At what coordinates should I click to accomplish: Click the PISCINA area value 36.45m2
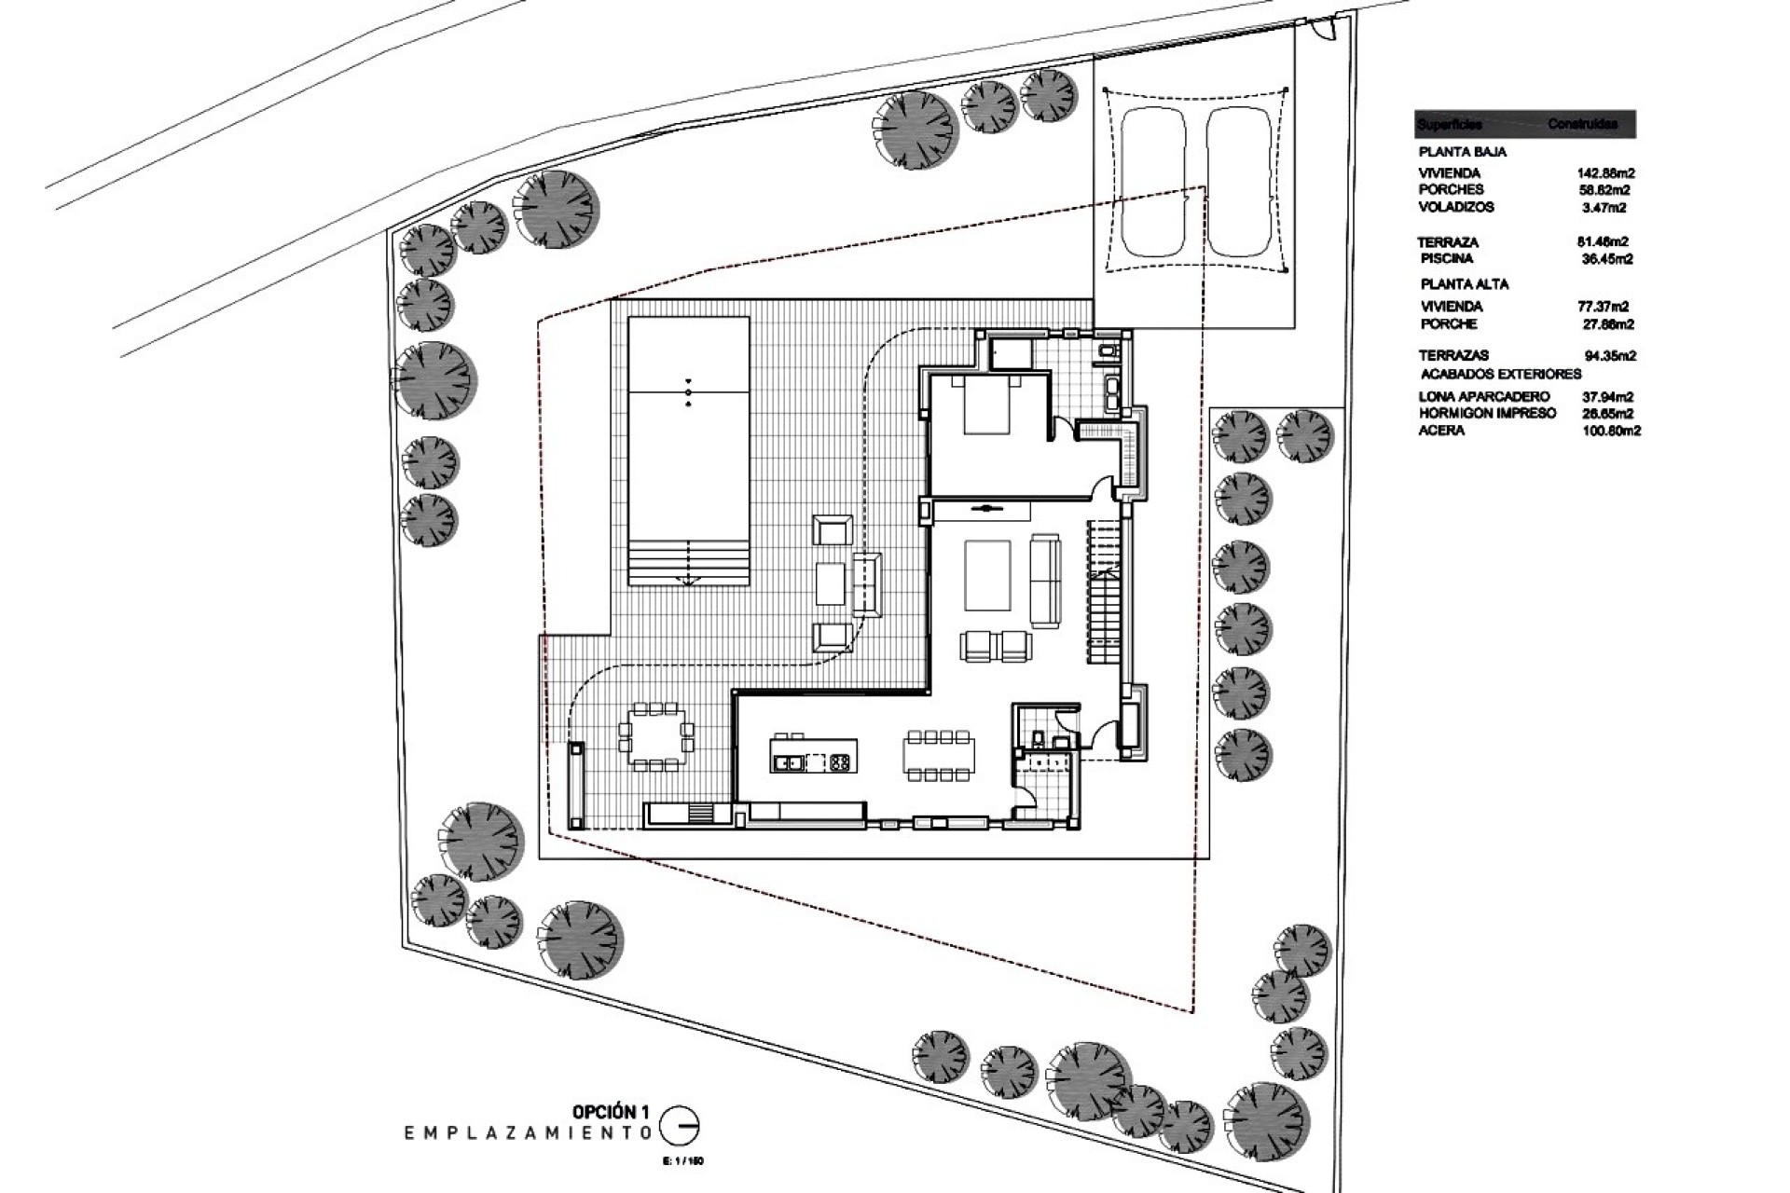click(1607, 259)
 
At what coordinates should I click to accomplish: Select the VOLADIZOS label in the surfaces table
click(1455, 207)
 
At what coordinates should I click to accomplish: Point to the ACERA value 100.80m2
click(1611, 431)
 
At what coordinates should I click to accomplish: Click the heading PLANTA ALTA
click(1465, 283)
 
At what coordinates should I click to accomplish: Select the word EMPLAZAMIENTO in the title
click(527, 1132)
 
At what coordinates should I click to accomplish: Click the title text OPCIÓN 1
click(610, 1112)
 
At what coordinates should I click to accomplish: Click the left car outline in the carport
click(1153, 182)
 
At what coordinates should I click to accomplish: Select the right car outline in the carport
click(1239, 182)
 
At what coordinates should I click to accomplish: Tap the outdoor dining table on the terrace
click(657, 736)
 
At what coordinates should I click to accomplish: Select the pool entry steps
click(689, 562)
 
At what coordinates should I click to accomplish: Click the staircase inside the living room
click(1106, 593)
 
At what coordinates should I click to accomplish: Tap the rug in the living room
click(987, 575)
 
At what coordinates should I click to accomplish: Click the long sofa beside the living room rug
click(1044, 581)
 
